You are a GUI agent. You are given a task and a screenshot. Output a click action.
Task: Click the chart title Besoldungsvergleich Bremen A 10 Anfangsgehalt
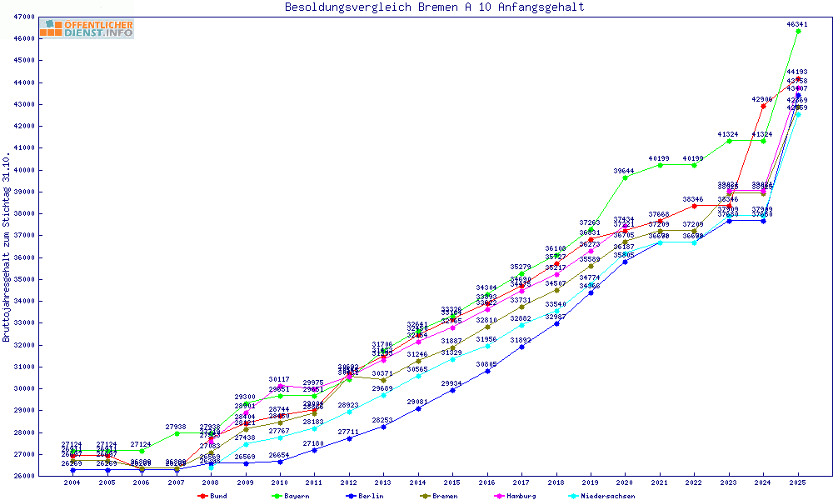pos(434,7)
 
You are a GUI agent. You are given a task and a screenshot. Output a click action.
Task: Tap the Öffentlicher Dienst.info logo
pos(86,28)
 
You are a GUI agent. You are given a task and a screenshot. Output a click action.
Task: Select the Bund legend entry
pos(216,496)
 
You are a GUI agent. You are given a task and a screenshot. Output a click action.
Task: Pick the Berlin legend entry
pos(366,496)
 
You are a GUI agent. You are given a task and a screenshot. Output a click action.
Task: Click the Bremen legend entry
pos(441,496)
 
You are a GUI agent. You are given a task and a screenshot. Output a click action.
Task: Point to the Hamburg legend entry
pos(517,496)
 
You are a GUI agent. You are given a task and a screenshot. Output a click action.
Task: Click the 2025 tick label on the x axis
pos(798,483)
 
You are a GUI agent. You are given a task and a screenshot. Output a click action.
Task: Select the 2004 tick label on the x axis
pos(72,483)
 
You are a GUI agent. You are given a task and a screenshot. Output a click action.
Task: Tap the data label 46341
pos(798,24)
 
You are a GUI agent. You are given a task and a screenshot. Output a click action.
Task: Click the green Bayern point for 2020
pos(626,177)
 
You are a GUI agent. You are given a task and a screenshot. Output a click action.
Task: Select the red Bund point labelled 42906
pos(763,106)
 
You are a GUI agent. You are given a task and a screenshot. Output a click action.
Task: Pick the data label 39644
pos(625,170)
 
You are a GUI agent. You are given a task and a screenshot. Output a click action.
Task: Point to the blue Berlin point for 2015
pos(452,390)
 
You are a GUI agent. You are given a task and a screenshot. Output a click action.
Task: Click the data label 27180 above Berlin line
pos(313,443)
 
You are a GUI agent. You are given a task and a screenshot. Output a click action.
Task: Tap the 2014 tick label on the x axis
pos(417,483)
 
